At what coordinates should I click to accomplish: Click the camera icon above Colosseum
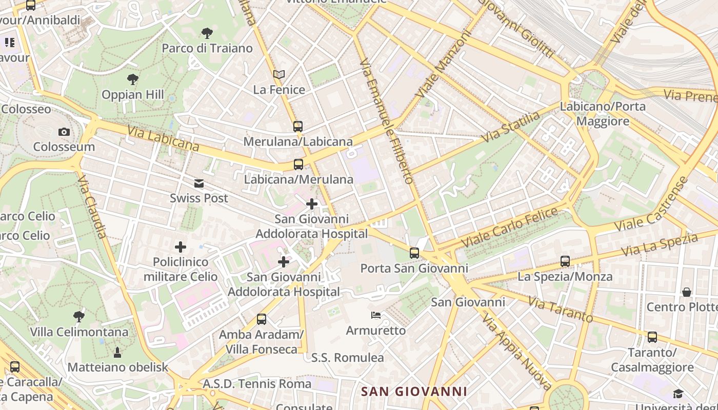click(64, 132)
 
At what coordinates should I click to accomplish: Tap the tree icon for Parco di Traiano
click(207, 34)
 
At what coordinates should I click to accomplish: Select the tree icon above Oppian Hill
click(133, 79)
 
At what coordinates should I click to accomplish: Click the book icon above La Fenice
click(279, 75)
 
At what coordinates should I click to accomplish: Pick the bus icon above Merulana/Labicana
click(298, 126)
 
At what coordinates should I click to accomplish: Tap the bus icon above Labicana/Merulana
click(298, 165)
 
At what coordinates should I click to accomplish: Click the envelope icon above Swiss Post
click(199, 183)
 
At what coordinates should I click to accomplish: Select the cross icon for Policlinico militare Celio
click(181, 247)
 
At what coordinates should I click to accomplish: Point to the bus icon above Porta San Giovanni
click(414, 253)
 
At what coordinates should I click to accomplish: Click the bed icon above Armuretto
click(376, 315)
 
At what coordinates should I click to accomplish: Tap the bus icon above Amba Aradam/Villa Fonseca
click(262, 319)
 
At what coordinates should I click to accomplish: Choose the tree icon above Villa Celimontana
click(78, 316)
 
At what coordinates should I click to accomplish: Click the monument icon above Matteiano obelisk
click(117, 352)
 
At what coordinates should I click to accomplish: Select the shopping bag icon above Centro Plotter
click(687, 292)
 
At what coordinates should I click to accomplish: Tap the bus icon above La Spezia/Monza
click(565, 261)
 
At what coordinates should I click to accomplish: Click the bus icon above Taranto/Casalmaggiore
click(652, 337)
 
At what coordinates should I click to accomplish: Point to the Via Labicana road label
click(163, 139)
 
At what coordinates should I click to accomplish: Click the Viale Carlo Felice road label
click(509, 227)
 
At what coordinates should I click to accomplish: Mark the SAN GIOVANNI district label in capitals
click(414, 392)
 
